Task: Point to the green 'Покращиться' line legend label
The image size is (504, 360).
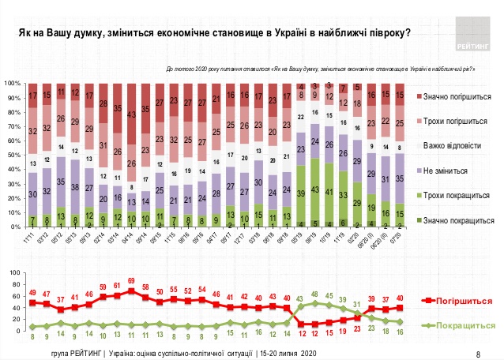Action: coord(465,324)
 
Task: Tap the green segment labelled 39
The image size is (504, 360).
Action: coord(302,193)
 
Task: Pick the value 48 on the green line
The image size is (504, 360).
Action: coord(317,294)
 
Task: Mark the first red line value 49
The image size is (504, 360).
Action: coord(32,293)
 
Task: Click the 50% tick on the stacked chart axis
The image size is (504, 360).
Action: coord(13,155)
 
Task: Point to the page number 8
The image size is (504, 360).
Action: coord(479,354)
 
